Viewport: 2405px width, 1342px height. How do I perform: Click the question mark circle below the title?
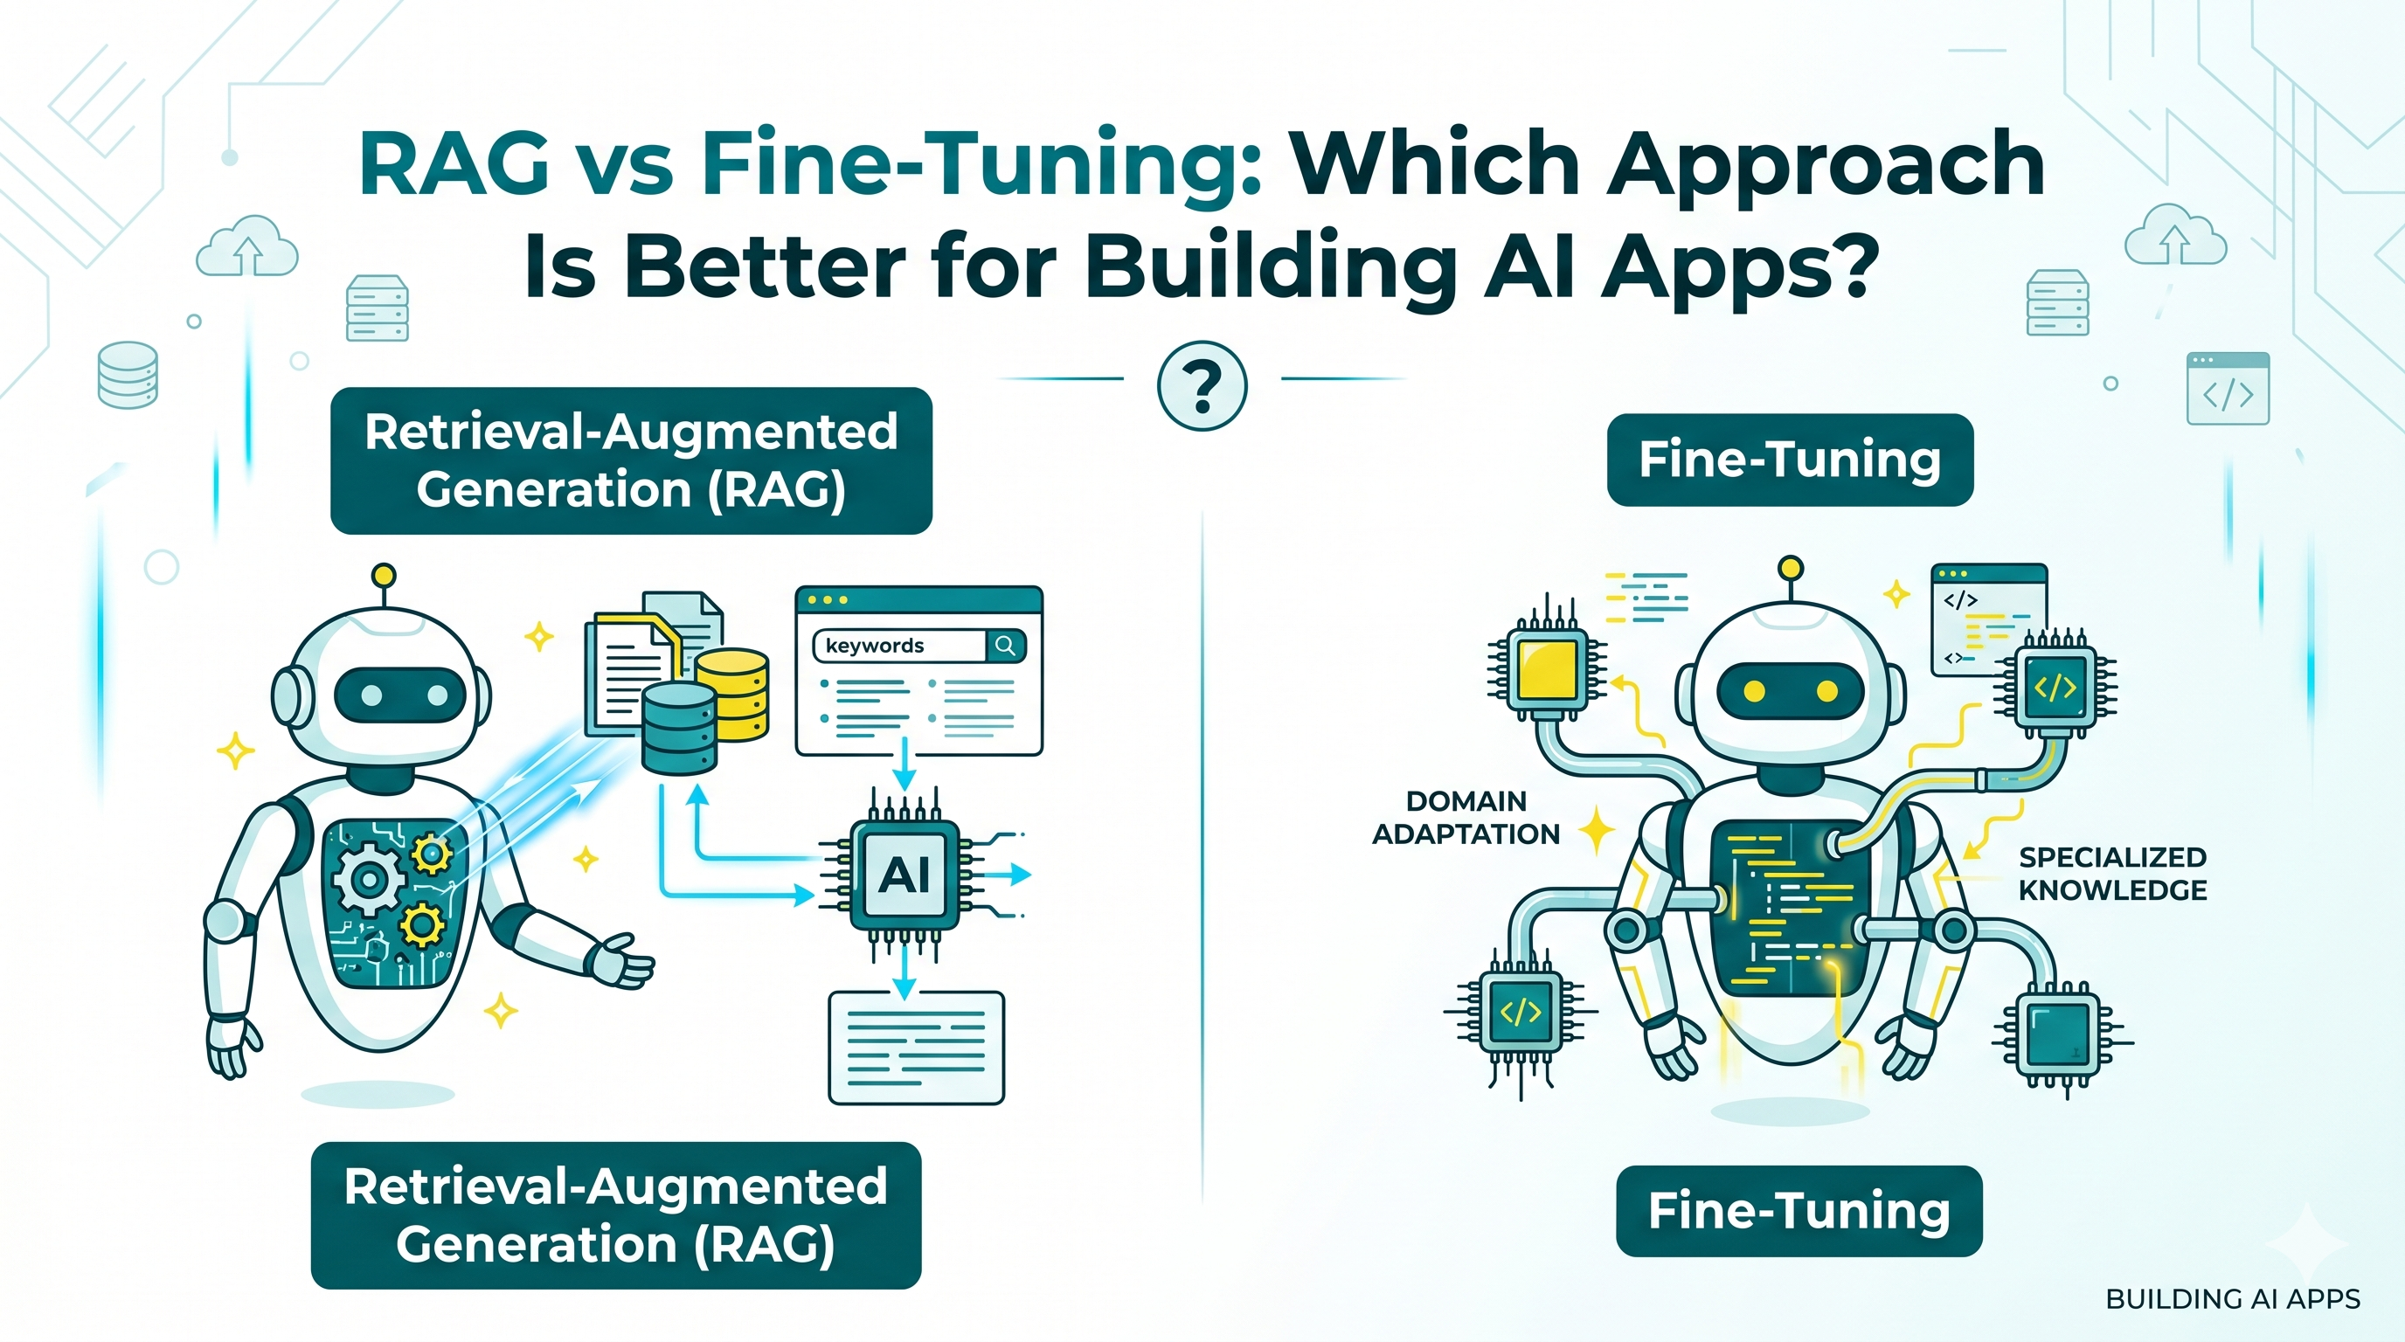pos(1202,386)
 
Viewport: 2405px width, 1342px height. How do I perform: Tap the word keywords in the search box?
pos(875,646)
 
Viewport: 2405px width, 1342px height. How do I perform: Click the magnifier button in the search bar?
pos(1006,645)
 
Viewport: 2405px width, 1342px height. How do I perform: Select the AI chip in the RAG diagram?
pos(904,875)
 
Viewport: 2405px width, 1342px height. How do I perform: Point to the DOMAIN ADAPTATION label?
pos(1466,818)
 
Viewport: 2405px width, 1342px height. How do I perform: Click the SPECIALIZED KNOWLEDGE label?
pos(2112,874)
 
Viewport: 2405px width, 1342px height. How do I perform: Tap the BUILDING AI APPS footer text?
pos(2232,1298)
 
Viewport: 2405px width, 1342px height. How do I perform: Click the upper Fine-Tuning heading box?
pos(1790,460)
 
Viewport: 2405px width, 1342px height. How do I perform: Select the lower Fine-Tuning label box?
pos(1799,1211)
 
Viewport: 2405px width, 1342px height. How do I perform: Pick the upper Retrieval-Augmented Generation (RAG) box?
pos(631,461)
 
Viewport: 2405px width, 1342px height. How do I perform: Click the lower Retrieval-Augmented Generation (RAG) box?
pos(616,1215)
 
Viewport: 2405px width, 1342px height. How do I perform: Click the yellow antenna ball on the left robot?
pos(383,576)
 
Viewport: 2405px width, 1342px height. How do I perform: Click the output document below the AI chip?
pos(916,1047)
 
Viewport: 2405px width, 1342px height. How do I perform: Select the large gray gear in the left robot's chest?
pos(367,878)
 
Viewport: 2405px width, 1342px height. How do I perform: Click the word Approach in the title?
pos(1826,164)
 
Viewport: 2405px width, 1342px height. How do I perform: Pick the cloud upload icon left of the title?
pos(246,247)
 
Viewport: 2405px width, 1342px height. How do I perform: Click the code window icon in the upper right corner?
pos(2228,388)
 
